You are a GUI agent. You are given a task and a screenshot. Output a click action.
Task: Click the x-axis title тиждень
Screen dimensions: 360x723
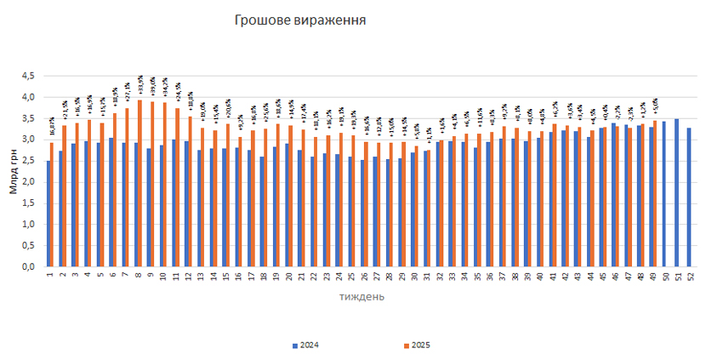(361, 297)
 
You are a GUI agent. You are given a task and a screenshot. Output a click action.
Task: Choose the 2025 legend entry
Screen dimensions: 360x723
(417, 345)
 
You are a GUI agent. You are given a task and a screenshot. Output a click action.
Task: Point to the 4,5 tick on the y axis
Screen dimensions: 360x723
(28, 76)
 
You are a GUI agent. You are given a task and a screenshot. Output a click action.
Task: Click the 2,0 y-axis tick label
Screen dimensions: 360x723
(28, 182)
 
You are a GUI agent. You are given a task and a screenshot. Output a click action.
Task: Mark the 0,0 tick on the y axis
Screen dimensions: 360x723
(28, 266)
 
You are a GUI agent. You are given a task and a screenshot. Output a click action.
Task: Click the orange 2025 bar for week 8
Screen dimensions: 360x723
(139, 183)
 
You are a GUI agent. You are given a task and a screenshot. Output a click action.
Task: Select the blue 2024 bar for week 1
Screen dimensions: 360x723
(48, 214)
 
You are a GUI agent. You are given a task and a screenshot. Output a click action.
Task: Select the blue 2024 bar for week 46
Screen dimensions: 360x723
(613, 195)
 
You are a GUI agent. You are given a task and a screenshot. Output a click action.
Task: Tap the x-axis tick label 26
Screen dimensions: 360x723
(364, 277)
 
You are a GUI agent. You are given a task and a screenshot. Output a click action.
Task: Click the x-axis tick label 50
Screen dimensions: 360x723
(664, 277)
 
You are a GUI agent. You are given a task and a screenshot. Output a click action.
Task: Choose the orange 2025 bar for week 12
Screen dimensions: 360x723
(190, 191)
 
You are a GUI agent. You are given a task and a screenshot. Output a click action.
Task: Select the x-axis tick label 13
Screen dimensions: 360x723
(201, 277)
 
